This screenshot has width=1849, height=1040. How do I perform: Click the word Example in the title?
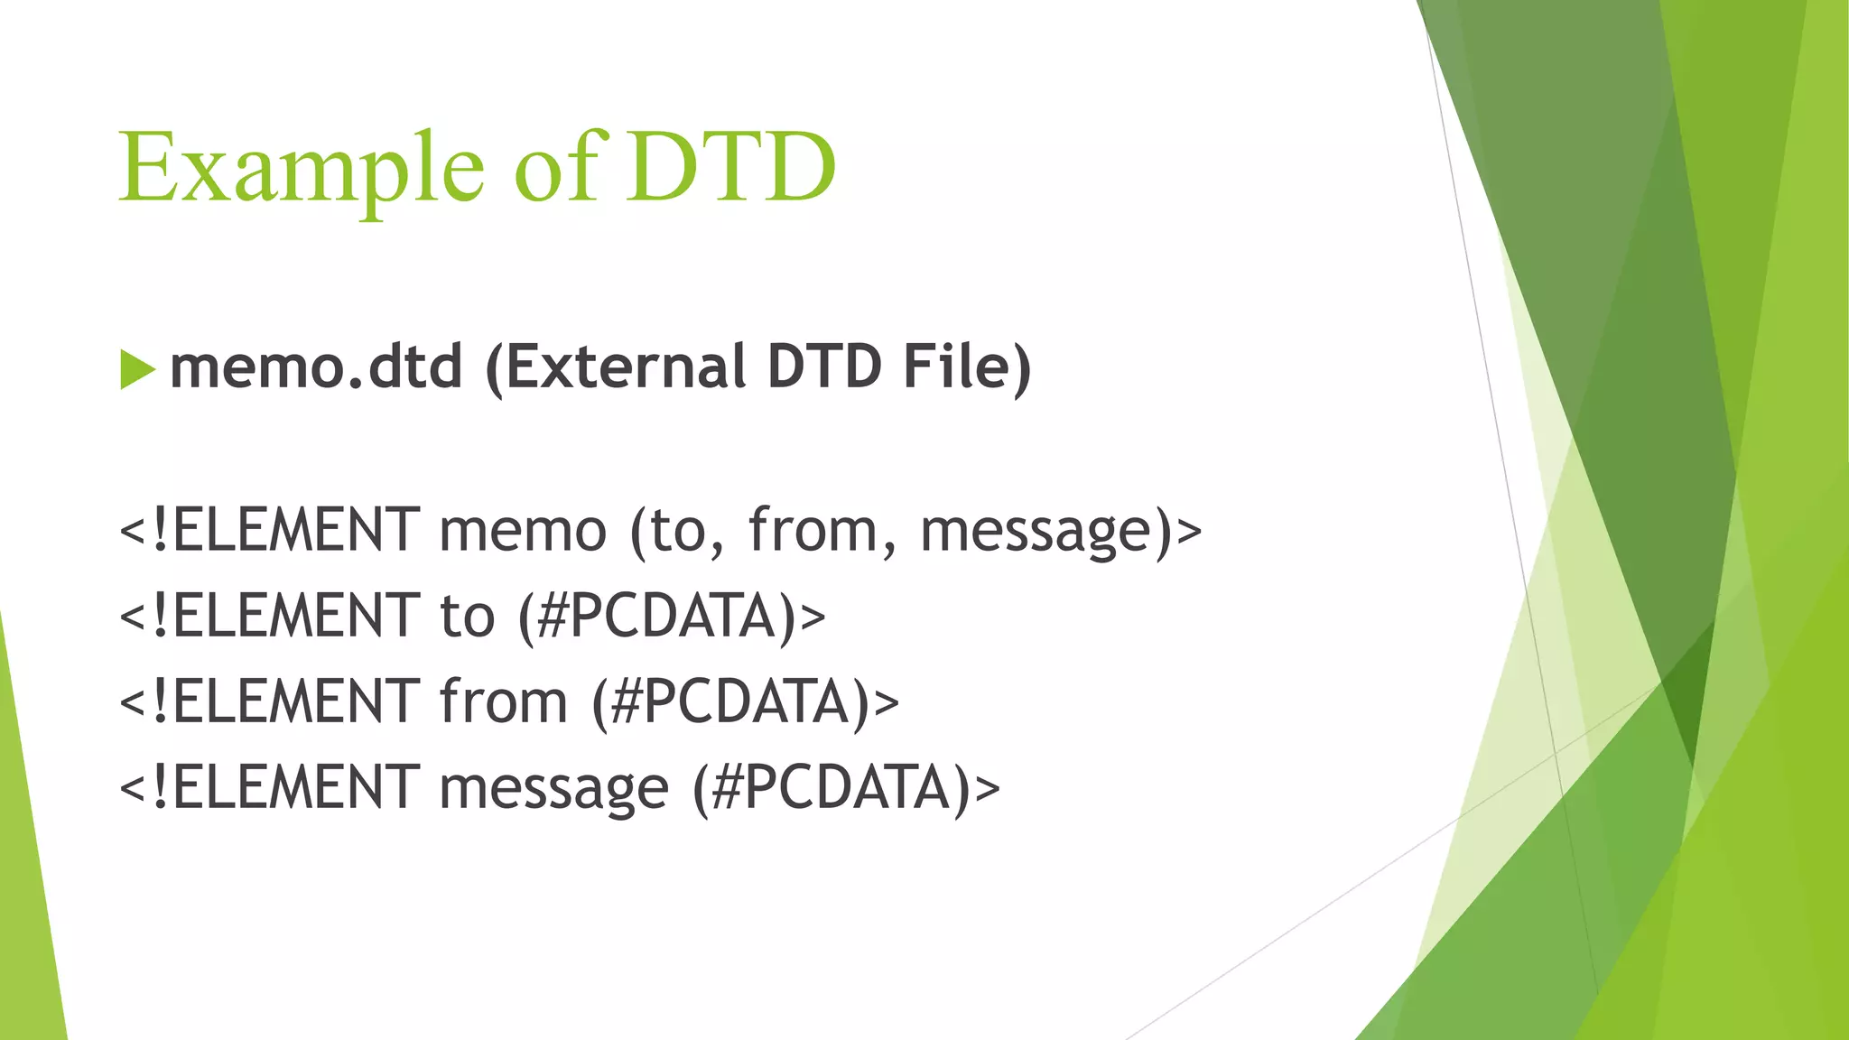pyautogui.click(x=302, y=170)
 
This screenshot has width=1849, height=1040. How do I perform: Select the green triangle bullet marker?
pyautogui.click(x=136, y=370)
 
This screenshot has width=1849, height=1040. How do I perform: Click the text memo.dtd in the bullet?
pyautogui.click(x=316, y=367)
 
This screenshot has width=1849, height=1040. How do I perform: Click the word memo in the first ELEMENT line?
pyautogui.click(x=523, y=530)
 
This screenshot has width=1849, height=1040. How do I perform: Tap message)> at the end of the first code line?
pyautogui.click(x=1061, y=530)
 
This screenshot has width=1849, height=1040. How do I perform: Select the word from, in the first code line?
pyautogui.click(x=822, y=530)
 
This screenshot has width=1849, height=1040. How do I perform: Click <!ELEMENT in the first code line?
pyautogui.click(x=269, y=530)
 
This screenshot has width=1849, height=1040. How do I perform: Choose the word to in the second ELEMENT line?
pyautogui.click(x=467, y=616)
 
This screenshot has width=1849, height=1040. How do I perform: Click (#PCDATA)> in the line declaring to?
pyautogui.click(x=672, y=616)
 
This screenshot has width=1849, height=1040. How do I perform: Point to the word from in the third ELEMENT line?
pyautogui.click(x=503, y=701)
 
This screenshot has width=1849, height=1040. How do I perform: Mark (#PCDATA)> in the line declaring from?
pyautogui.click(x=746, y=701)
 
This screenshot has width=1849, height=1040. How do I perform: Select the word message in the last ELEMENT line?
pyautogui.click(x=553, y=787)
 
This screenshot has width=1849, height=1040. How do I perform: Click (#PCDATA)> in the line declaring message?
pyautogui.click(x=847, y=787)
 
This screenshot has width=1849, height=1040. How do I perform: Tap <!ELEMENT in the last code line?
pyautogui.click(x=269, y=787)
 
